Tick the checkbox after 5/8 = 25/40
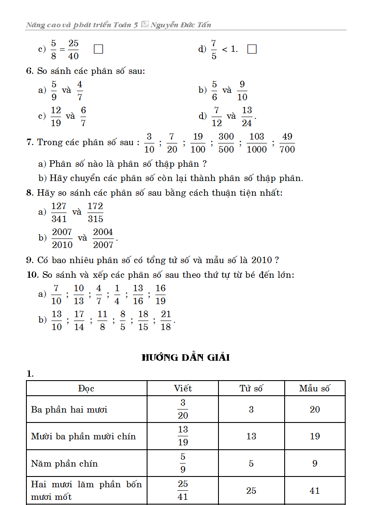tap(98, 49)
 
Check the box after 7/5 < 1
tap(252, 49)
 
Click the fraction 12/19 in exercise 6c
tap(56, 116)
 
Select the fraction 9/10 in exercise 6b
tap(242, 90)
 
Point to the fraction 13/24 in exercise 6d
tap(247, 116)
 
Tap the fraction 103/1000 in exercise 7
tap(257, 143)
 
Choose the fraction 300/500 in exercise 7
tap(226, 143)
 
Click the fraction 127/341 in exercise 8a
tap(59, 212)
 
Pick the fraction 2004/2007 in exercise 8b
tap(103, 238)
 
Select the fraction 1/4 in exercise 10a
tap(117, 294)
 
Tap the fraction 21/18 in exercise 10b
tap(166, 320)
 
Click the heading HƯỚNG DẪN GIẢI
tap(186, 358)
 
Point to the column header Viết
tap(183, 388)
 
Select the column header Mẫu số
tap(314, 388)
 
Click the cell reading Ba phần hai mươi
tap(69, 409)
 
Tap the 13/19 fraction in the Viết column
tap(183, 436)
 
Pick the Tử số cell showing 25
tap(251, 490)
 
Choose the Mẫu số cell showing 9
tap(314, 464)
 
